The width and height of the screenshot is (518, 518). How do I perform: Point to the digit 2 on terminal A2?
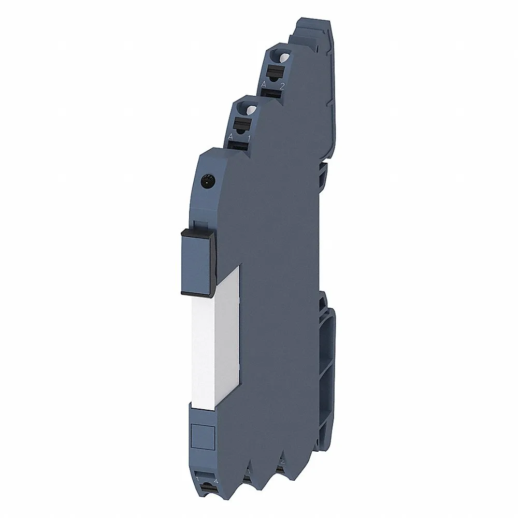coord(282,85)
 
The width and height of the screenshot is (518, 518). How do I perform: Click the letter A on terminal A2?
coord(264,84)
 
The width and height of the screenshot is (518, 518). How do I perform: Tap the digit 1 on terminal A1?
coord(249,138)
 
